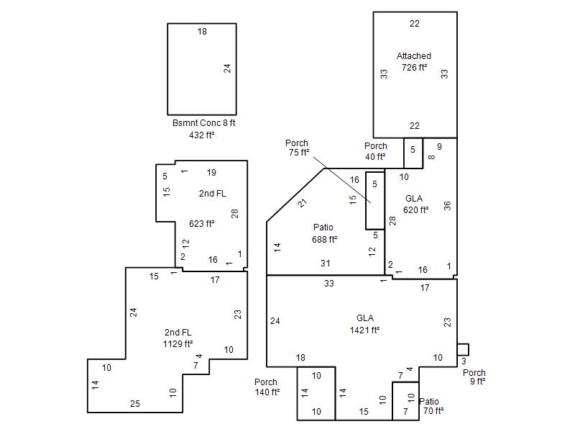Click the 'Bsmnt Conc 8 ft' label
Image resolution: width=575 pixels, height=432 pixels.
203,123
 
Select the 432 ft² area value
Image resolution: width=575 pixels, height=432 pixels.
201,135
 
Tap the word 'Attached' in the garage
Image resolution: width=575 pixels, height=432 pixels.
414,56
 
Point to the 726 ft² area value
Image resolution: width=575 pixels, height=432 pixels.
414,67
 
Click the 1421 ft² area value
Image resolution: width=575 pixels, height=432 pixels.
364,330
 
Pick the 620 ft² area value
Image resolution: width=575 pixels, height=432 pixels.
415,210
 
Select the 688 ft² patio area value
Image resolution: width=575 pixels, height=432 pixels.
325,240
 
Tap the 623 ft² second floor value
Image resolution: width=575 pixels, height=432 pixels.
201,223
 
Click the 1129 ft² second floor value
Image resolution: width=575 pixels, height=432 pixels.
178,344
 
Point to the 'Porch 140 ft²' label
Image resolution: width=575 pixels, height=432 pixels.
267,387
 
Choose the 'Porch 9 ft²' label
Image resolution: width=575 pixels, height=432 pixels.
474,377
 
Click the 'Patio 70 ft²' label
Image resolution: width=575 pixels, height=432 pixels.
431,406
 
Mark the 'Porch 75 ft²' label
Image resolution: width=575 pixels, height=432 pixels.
297,148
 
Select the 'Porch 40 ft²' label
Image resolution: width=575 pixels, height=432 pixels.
375,151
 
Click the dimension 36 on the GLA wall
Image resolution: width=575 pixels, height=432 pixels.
447,206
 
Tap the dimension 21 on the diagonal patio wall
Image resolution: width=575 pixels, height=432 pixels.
302,202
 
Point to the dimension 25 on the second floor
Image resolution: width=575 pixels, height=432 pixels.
135,404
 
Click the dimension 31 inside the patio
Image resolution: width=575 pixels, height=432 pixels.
326,264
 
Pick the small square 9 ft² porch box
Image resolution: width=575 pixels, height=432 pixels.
463,350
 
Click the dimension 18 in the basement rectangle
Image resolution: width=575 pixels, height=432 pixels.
202,32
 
